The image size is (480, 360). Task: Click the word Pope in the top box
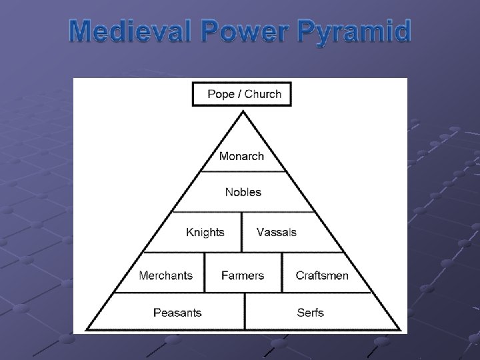(221, 94)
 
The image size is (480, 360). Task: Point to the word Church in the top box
(263, 94)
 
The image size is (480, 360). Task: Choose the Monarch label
(241, 157)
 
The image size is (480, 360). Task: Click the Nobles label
(243, 192)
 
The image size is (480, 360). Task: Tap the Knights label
(205, 232)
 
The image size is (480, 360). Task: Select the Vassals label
(276, 232)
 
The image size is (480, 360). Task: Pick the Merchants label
(165, 275)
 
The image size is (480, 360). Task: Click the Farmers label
(243, 275)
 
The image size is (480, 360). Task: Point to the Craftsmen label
(322, 275)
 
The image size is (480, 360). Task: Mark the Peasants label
(177, 313)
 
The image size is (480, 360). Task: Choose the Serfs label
(310, 313)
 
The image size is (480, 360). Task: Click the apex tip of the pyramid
(243, 113)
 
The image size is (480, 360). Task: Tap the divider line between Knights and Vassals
(241, 232)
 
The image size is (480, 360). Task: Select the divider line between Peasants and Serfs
(245, 312)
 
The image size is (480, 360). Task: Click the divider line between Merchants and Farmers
(205, 273)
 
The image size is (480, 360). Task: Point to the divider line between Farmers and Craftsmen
(282, 273)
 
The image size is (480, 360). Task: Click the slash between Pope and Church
(239, 94)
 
